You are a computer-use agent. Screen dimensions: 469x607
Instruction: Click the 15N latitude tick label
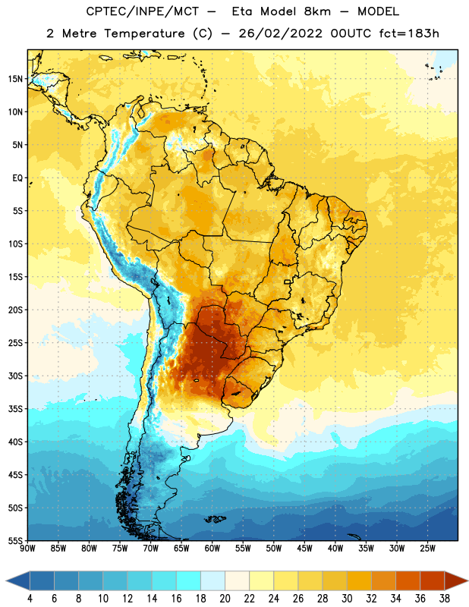tap(15, 79)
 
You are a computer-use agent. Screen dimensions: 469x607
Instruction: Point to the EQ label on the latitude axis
tap(17, 178)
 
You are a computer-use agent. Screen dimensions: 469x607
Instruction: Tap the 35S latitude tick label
tap(15, 409)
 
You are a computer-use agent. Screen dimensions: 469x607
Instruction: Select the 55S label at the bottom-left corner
tap(15, 541)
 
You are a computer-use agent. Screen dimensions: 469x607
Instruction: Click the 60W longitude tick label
tap(212, 548)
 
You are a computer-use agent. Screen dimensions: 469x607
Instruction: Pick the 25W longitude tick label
tap(427, 548)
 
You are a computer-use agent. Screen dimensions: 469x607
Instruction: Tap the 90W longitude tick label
tap(27, 548)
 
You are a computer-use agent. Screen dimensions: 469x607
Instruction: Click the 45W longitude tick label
tap(304, 548)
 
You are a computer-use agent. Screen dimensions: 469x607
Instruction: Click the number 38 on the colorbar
tap(445, 599)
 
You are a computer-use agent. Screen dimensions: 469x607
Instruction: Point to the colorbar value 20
tap(225, 599)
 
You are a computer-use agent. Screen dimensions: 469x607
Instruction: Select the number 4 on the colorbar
tap(30, 599)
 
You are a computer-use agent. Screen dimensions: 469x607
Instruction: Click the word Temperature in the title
tap(144, 33)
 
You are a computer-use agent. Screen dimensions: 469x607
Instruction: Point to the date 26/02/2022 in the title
tap(280, 33)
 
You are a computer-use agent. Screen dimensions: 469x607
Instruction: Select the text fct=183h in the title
tap(409, 33)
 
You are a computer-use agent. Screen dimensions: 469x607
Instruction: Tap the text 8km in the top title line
tap(317, 11)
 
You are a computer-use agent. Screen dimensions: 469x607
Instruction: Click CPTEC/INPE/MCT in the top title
tap(142, 11)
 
